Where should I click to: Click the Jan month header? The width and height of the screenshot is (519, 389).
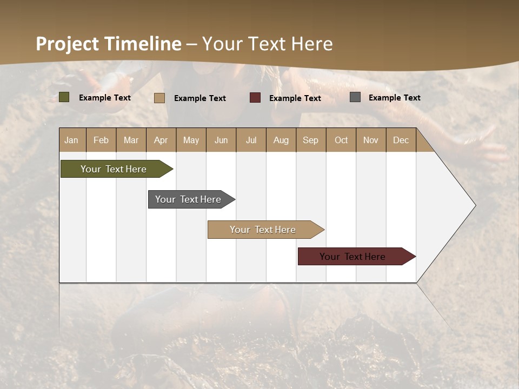72,140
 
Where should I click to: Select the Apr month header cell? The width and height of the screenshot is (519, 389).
161,140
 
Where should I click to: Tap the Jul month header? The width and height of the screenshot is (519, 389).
251,140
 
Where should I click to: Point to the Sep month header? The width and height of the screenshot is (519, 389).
310,140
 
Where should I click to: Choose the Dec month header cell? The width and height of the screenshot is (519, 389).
401,140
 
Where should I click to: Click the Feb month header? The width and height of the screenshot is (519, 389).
101,140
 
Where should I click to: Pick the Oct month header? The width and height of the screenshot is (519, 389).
341,140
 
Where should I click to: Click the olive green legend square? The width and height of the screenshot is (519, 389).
64,97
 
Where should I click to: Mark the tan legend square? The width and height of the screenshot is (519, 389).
159,98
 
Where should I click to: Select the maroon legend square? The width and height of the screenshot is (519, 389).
255,98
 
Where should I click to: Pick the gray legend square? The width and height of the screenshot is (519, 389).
355,97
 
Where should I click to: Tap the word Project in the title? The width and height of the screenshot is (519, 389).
67,44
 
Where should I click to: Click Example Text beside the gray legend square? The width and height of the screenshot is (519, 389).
394,98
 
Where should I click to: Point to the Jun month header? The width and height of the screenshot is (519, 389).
221,140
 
